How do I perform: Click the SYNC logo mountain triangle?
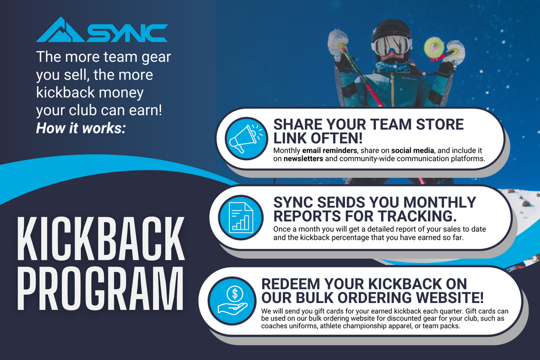coord(61,31)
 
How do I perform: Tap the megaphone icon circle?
coord(246,138)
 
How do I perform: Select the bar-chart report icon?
coord(240,218)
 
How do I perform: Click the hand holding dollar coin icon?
coord(233,300)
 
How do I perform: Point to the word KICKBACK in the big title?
coord(101,239)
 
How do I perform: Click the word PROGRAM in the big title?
coord(100,288)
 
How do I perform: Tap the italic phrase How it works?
coord(81,129)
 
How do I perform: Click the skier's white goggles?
coord(392,45)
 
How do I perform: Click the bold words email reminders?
coord(330,150)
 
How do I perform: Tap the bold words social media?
coord(412,150)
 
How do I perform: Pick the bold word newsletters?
coord(303,159)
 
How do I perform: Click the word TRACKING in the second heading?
coord(418,216)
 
